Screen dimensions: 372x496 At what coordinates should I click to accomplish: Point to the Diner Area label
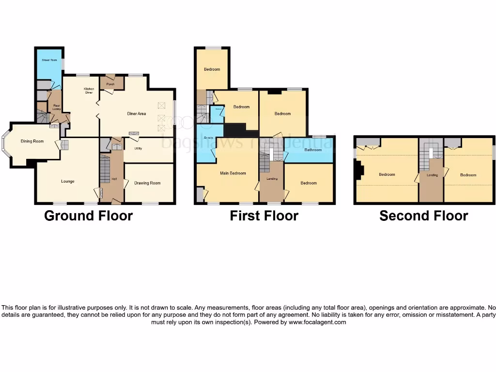pos(137,114)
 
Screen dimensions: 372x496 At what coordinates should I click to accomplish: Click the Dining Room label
pos(32,141)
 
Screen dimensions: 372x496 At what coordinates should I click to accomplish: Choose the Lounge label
pos(68,182)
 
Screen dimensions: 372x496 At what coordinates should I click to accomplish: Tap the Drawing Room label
pos(147,183)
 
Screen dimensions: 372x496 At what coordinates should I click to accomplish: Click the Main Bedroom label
pos(233,173)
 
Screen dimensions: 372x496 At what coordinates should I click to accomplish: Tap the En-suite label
pos(209,138)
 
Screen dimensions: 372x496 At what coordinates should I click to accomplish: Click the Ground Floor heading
pos(88,216)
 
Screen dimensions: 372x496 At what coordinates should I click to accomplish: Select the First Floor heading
pos(264,216)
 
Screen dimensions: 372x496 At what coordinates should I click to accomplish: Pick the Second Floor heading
pos(423,216)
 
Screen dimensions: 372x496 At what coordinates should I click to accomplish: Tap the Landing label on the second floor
pos(432,175)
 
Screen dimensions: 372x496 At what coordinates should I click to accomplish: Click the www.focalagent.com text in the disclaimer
pos(318,322)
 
